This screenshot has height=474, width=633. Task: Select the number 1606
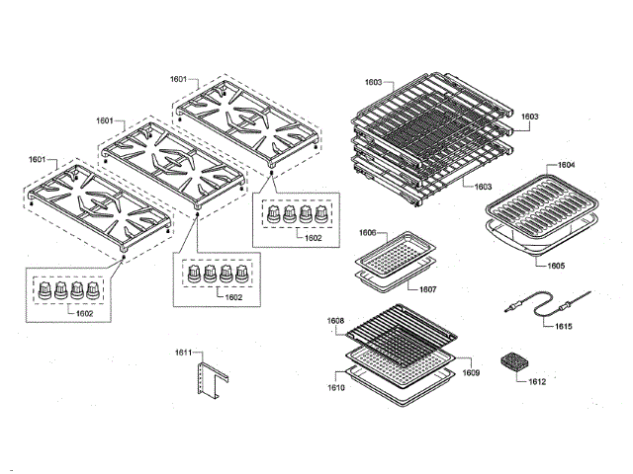coord(367,233)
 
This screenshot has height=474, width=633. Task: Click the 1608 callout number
coord(337,320)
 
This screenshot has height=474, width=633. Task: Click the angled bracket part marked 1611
coord(210,382)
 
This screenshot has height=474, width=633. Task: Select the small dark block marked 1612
coord(514,361)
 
